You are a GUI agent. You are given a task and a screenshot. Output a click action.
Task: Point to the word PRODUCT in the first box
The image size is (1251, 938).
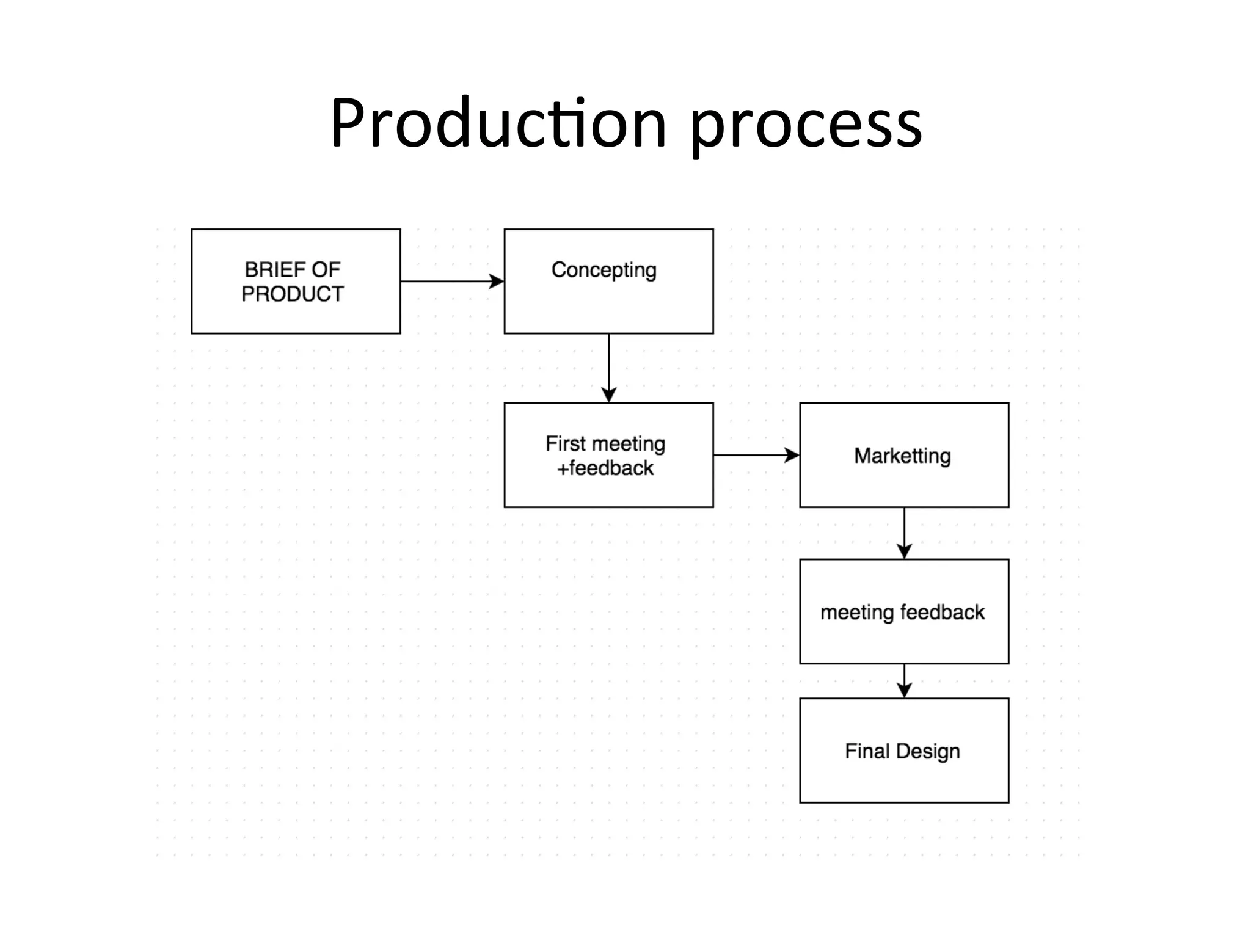(293, 294)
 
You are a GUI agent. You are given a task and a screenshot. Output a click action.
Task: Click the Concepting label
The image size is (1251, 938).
(604, 270)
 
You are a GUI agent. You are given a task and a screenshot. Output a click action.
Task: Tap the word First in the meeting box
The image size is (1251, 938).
(565, 443)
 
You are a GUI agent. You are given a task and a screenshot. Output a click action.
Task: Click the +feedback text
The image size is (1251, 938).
(605, 468)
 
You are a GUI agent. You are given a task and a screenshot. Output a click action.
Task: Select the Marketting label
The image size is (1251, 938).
(902, 456)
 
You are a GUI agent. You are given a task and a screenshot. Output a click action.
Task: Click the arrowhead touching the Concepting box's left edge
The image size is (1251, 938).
(497, 282)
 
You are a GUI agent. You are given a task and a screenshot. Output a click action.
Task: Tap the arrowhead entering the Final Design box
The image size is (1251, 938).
(904, 691)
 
